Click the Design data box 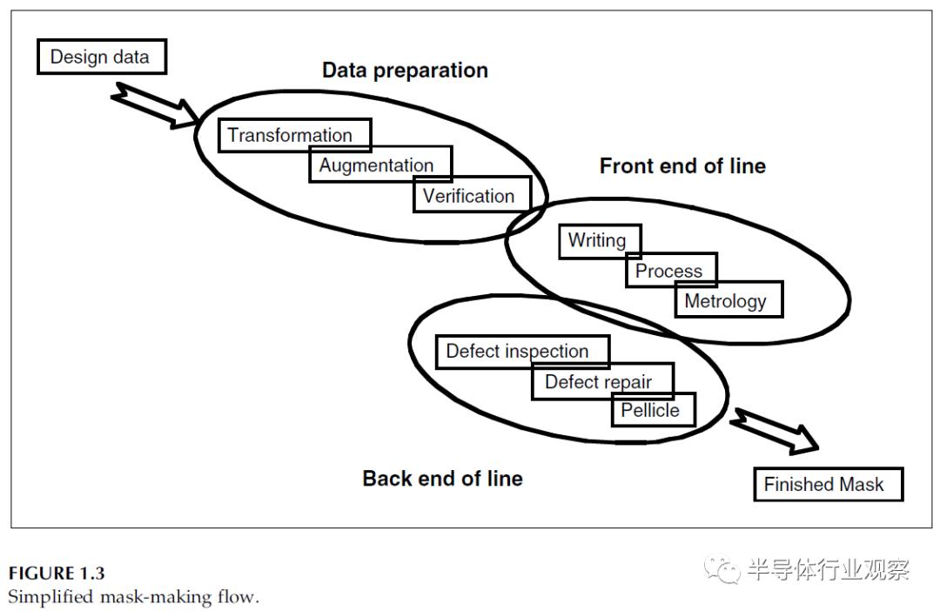[102, 57]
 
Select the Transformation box [294, 135]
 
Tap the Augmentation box [380, 164]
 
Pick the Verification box [473, 194]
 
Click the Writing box [600, 242]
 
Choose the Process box [671, 270]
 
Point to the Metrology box [729, 299]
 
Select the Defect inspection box [523, 352]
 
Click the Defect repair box [603, 381]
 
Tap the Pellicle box [654, 410]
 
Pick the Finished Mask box [829, 484]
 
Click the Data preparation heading [406, 70]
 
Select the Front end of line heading [683, 166]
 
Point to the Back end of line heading [442, 479]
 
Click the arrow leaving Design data [155, 105]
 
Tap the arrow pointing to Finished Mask [774, 431]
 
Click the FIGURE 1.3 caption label [57, 574]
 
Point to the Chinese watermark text [829, 569]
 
